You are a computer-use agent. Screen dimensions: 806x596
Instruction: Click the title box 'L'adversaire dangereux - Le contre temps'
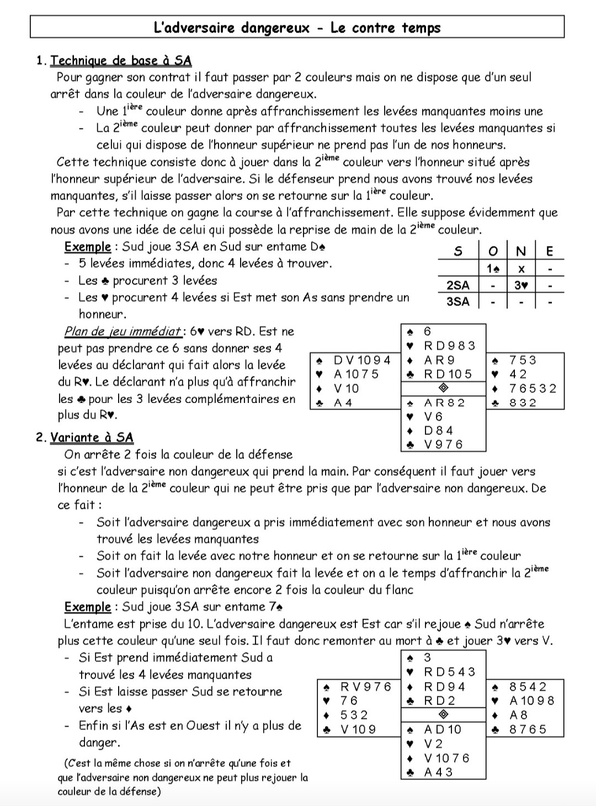(x=297, y=27)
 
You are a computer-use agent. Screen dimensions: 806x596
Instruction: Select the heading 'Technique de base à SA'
(x=121, y=61)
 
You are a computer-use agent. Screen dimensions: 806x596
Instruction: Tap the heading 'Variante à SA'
(x=92, y=438)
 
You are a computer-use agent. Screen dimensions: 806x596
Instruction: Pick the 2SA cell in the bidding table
(x=457, y=285)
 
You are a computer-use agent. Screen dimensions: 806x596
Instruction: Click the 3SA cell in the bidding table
(x=457, y=302)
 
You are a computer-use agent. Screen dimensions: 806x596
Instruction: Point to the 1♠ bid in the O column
(x=493, y=268)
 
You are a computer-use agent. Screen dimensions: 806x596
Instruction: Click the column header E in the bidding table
(x=549, y=251)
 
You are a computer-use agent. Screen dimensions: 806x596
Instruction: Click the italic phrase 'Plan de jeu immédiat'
(x=123, y=331)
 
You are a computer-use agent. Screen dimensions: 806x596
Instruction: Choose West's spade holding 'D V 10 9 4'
(x=362, y=360)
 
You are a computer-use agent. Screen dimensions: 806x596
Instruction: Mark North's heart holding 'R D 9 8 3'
(x=449, y=346)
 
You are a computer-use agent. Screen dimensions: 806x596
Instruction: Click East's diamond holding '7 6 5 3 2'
(x=533, y=388)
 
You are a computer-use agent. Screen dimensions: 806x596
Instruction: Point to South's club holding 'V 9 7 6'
(x=443, y=444)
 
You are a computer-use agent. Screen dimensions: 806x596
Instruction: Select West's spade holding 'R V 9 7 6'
(x=366, y=686)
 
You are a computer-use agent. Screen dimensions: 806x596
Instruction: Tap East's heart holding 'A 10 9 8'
(x=531, y=701)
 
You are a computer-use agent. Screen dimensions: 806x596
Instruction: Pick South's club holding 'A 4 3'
(x=438, y=772)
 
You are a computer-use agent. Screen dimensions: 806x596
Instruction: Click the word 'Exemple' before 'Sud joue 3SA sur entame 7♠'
(x=88, y=607)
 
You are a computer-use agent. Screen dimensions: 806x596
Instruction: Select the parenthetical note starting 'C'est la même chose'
(x=183, y=777)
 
